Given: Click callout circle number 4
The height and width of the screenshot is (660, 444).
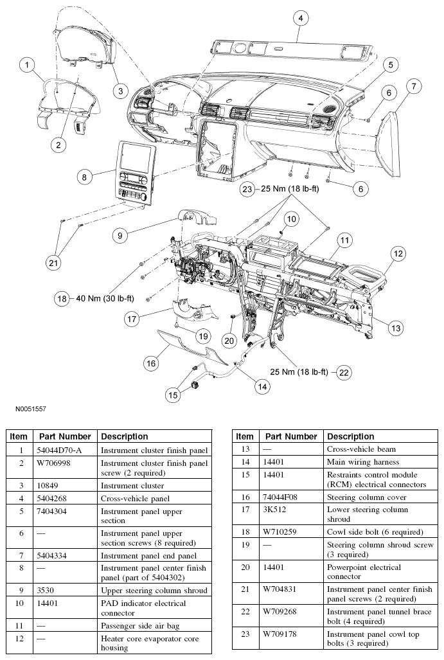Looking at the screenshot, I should coord(300,19).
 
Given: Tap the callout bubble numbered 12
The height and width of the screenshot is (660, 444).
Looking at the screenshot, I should coord(398,254).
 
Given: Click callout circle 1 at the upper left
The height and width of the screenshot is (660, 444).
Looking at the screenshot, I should coord(26,64).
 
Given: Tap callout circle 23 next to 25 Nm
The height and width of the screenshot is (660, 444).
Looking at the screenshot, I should coord(247,189).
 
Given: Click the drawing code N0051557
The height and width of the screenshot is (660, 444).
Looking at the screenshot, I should coord(28,408).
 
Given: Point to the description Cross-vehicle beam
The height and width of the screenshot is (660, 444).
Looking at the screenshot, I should coord(361,449).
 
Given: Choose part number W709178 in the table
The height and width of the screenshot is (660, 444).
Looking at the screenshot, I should coord(283,634).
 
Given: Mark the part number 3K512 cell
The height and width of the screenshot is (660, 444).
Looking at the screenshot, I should coord(278,510).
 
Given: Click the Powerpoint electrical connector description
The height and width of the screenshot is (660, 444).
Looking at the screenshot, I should coord(364,571).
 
